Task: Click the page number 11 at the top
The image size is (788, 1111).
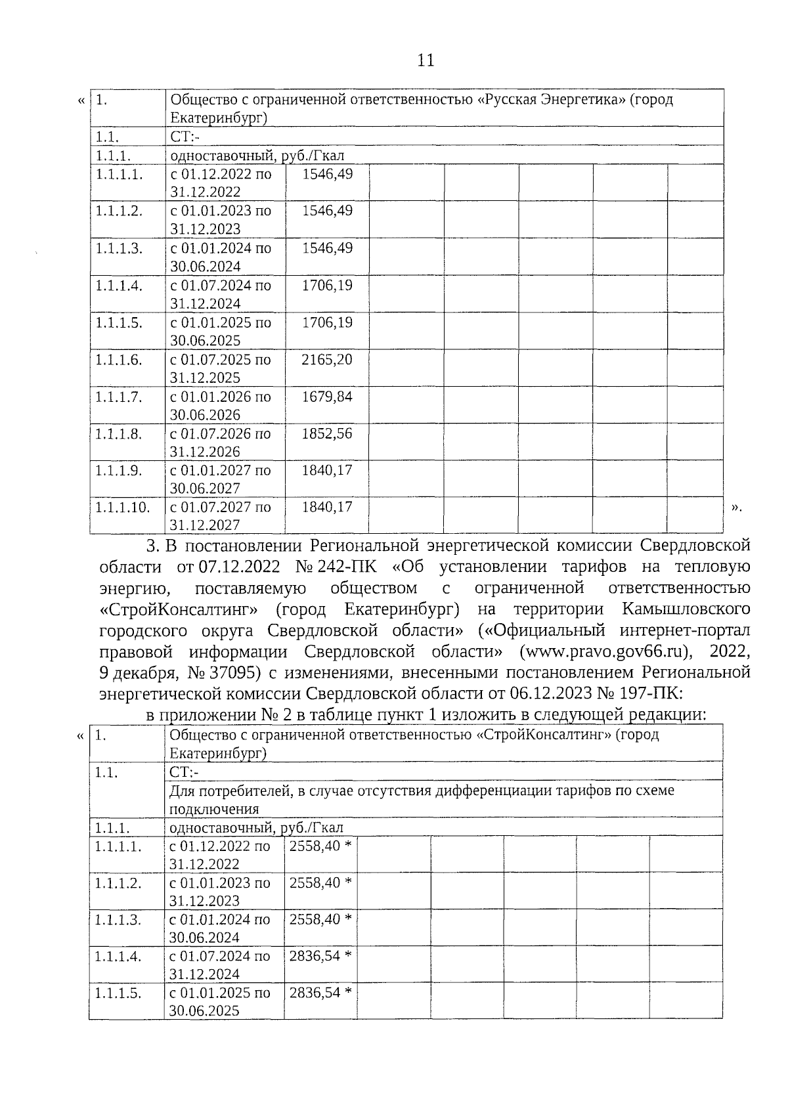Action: (426, 60)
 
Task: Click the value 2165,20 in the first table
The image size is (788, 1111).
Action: (326, 360)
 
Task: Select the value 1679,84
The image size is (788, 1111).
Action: (326, 397)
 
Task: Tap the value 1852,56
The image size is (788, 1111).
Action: (326, 433)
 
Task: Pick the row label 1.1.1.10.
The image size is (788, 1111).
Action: (123, 507)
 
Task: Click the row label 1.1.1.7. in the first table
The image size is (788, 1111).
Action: (119, 397)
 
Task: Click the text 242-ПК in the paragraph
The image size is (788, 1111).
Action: (347, 566)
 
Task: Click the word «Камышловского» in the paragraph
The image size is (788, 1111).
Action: (686, 609)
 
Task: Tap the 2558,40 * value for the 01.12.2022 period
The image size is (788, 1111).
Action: (320, 846)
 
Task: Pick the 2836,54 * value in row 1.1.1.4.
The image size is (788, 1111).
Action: (320, 956)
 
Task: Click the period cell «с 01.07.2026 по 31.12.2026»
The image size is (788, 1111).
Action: (221, 442)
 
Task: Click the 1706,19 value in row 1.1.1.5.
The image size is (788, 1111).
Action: (326, 322)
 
